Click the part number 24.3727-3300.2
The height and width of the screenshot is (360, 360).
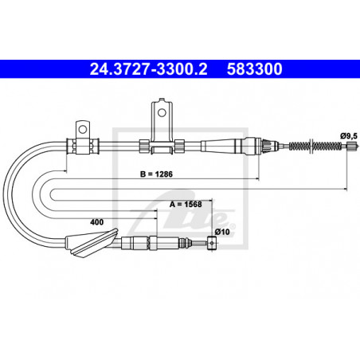tap(148, 68)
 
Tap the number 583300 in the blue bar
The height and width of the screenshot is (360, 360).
tap(254, 68)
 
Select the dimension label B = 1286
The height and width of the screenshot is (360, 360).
tap(156, 174)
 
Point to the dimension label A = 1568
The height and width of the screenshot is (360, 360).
tap(186, 204)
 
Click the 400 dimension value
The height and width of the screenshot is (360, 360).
tap(96, 222)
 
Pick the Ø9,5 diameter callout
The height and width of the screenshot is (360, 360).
tap(349, 136)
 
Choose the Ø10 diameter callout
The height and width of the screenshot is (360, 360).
tap(222, 232)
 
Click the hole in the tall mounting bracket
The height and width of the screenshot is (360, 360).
tap(162, 112)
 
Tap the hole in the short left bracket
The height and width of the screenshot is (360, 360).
tap(83, 130)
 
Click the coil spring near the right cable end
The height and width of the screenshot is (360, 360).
tap(315, 146)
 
